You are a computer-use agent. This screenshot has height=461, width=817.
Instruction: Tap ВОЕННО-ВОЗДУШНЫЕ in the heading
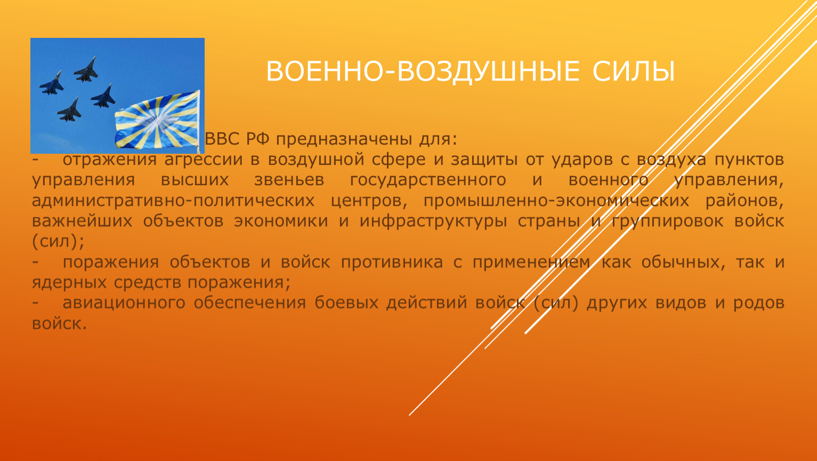[423, 71]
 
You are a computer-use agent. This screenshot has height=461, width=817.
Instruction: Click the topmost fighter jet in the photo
[86, 70]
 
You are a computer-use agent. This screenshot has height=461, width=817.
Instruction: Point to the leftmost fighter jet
[51, 83]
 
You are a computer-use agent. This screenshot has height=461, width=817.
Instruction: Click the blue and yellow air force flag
[157, 121]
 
